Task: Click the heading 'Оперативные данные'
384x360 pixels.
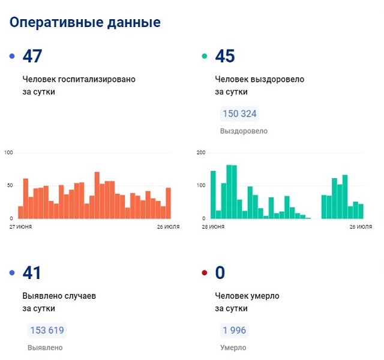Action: point(85,22)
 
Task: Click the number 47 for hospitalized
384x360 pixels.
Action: point(32,56)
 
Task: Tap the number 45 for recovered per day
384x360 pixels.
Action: point(225,56)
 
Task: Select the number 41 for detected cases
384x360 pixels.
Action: point(32,273)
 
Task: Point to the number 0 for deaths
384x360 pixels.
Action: point(220,273)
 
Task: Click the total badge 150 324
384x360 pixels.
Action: point(240,114)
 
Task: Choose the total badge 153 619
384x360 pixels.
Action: point(46,331)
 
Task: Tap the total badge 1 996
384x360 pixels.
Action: point(233,331)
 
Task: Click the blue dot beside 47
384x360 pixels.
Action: point(12,56)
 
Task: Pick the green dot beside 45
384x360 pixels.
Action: point(205,56)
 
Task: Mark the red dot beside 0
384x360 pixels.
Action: point(205,274)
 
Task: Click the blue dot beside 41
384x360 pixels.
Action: point(12,274)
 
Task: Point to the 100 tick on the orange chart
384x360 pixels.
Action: point(8,153)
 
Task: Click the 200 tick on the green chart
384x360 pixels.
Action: point(201,153)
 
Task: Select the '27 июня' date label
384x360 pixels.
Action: point(20,227)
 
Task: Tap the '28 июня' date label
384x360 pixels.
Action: point(213,227)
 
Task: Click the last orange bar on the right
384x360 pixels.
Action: point(169,203)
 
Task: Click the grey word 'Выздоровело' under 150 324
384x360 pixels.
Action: point(244,131)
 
